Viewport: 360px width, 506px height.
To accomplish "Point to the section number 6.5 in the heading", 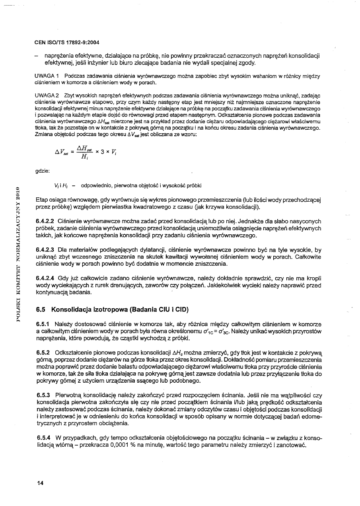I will click(x=41, y=309).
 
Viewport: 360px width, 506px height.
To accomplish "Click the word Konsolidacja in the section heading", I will click(x=73, y=309).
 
